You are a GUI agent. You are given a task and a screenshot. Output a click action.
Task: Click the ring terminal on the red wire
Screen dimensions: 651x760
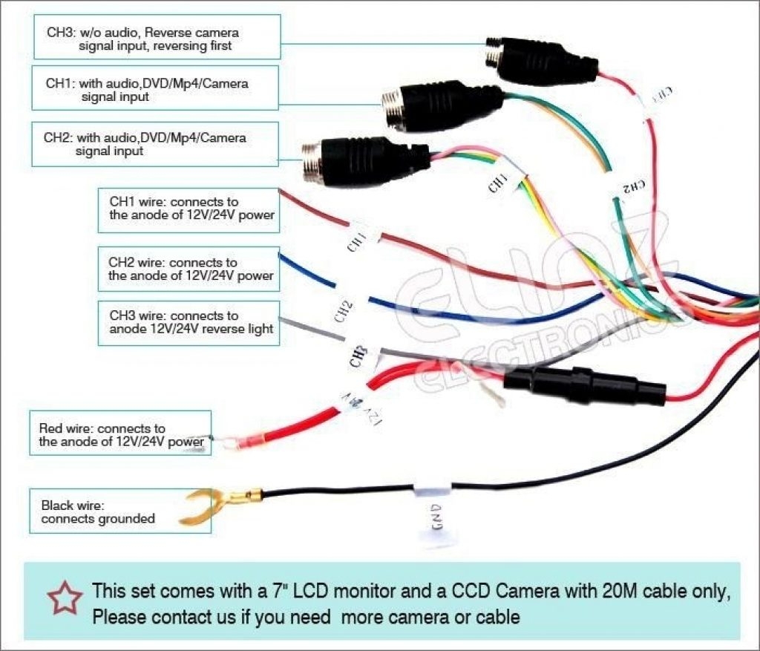click(226, 444)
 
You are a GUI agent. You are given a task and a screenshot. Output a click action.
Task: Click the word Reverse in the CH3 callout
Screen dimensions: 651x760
click(177, 33)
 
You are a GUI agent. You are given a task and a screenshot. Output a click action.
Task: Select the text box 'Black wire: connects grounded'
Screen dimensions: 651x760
click(119, 511)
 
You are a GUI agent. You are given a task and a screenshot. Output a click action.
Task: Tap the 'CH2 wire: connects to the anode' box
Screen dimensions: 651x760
click(189, 269)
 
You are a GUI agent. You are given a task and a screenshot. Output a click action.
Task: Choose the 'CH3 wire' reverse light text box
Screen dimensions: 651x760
click(189, 322)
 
